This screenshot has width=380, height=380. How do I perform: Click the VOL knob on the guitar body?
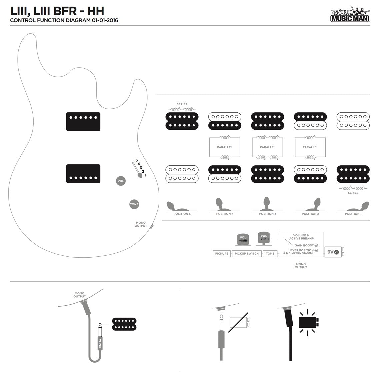click(121, 181)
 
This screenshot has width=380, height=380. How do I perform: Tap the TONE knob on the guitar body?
click(134, 204)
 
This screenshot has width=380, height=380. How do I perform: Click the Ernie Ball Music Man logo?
click(350, 14)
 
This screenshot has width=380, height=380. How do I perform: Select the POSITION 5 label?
click(182, 214)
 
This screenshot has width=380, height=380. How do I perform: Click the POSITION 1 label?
click(353, 214)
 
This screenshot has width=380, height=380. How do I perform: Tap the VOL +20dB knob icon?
click(264, 238)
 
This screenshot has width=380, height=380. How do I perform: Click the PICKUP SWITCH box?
click(247, 254)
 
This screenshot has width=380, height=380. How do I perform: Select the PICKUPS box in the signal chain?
click(222, 254)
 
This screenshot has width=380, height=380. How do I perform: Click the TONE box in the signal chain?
click(270, 254)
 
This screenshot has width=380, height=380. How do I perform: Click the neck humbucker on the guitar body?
click(83, 121)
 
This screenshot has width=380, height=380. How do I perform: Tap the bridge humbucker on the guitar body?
click(83, 173)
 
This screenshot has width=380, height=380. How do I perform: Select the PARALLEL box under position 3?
click(267, 147)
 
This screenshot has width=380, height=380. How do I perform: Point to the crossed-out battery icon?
click(239, 322)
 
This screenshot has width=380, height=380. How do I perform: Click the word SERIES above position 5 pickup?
click(182, 104)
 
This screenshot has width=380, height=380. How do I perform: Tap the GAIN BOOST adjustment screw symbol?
click(316, 245)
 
